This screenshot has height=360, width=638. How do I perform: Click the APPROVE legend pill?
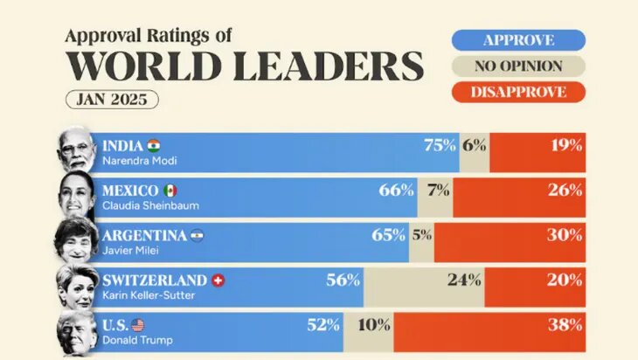click(518, 39)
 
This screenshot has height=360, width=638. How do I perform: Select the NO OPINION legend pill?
click(518, 66)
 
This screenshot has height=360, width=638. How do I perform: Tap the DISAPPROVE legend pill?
click(518, 92)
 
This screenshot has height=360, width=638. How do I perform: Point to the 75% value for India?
click(439, 146)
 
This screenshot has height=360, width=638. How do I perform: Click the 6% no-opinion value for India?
click(475, 146)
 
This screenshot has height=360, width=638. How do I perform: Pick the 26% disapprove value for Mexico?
click(565, 190)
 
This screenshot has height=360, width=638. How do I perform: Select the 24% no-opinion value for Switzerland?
click(463, 280)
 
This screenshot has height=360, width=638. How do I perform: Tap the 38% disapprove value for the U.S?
click(565, 326)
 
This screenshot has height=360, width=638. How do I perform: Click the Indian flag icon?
click(155, 145)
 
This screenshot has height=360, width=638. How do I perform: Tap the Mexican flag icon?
click(170, 190)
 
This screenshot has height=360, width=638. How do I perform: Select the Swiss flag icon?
click(218, 280)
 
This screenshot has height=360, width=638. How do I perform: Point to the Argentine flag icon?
click(197, 236)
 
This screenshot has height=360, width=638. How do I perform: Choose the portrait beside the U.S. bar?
click(77, 333)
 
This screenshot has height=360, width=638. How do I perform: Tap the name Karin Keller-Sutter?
click(149, 295)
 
